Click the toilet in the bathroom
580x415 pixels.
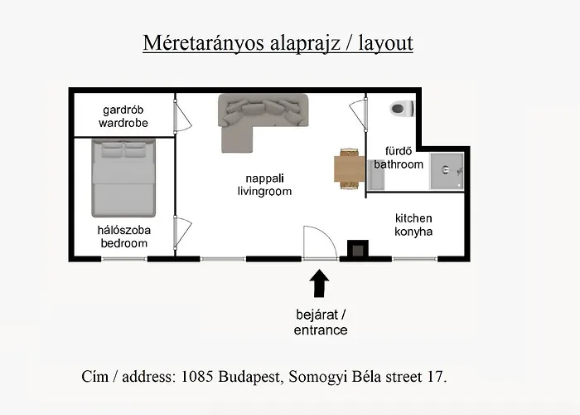[402, 109]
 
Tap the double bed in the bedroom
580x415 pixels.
[123, 178]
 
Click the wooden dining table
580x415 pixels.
[349, 169]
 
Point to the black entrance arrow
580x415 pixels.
[319, 284]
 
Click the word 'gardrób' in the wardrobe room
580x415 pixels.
[123, 110]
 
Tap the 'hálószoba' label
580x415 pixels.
[124, 230]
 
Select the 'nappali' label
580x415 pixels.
[265, 178]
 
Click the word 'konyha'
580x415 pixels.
[413, 232]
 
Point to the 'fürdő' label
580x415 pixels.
[399, 151]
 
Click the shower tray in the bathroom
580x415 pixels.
[447, 171]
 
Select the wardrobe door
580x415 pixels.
[182, 115]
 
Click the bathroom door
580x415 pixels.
[358, 115]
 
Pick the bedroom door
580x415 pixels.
[182, 233]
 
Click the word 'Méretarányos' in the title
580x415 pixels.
[204, 42]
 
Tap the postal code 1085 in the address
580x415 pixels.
[197, 377]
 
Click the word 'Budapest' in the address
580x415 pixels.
[251, 377]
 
